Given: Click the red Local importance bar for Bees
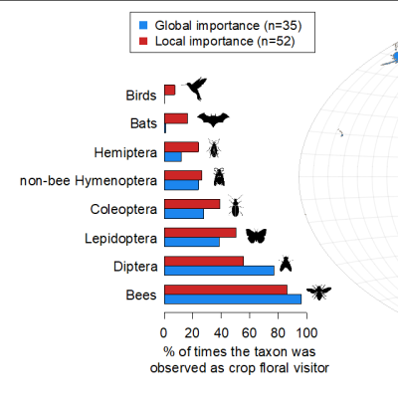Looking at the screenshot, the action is pyautogui.click(x=226, y=290).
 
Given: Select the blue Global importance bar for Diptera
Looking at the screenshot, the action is pyautogui.click(x=219, y=271).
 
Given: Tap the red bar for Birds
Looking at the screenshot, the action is pyautogui.click(x=170, y=90).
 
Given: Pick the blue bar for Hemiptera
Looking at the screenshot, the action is pyautogui.click(x=173, y=157).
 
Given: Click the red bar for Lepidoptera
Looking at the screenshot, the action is pyautogui.click(x=200, y=233).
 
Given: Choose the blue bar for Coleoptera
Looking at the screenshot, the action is pyautogui.click(x=184, y=214).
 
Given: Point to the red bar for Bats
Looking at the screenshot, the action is pyautogui.click(x=176, y=118).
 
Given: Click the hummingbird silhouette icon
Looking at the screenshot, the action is pyautogui.click(x=196, y=89).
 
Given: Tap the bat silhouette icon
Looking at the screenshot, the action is pyautogui.click(x=213, y=119).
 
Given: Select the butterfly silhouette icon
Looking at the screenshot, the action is pyautogui.click(x=256, y=236).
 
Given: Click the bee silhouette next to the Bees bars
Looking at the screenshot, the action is pyautogui.click(x=318, y=293).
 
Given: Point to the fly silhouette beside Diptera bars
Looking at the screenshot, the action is pyautogui.click(x=286, y=264).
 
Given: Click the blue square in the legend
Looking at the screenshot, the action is pyautogui.click(x=143, y=25).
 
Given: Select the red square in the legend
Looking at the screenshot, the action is pyautogui.click(x=143, y=41).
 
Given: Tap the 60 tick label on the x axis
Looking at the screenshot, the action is pyautogui.click(x=250, y=332).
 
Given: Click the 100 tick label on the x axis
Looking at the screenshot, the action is pyautogui.click(x=306, y=332).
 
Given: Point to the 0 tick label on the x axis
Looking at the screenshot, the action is pyautogui.click(x=163, y=332).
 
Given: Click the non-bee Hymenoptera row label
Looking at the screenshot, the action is pyautogui.click(x=89, y=181).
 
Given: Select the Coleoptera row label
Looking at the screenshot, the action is pyautogui.click(x=123, y=210).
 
